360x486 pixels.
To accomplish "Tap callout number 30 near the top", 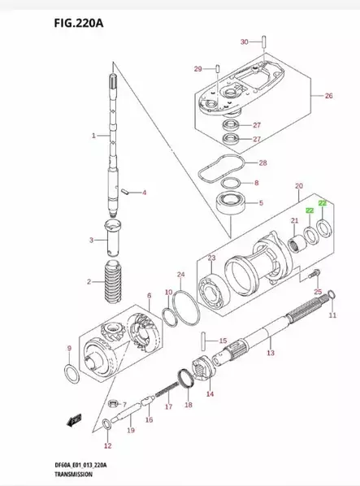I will point(244,41).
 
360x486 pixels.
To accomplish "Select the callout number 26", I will point(328,96).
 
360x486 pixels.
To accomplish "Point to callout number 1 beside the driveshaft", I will point(93,135).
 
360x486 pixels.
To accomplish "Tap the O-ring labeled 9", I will point(72,374).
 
